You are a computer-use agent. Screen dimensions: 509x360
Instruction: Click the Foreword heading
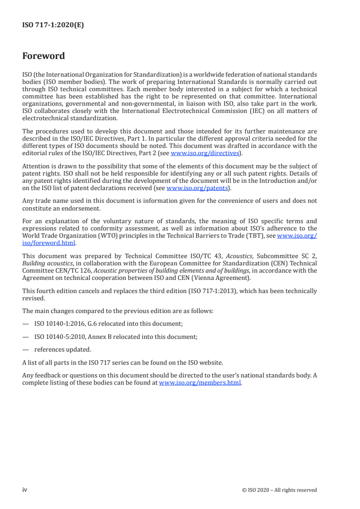[x=44, y=56]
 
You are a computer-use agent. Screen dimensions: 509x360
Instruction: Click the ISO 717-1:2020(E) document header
[x=53, y=25]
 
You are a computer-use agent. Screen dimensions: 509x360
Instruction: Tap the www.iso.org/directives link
[x=204, y=153]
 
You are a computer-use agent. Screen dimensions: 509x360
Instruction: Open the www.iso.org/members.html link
[x=200, y=382]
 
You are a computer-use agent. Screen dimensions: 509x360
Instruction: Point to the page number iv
[x=25, y=490]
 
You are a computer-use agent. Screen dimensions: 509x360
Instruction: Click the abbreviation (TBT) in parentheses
[x=262, y=236]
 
